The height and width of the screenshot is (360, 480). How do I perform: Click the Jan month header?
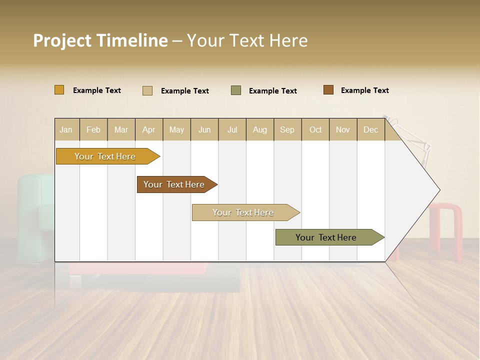point(66,129)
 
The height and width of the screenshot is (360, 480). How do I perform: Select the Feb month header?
point(93,129)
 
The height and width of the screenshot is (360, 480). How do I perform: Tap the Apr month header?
point(149,129)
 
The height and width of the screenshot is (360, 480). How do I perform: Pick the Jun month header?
point(204,129)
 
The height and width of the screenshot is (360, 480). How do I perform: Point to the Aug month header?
point(260,129)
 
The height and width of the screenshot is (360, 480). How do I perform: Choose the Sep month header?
point(287,129)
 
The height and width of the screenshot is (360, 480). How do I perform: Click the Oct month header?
point(315,129)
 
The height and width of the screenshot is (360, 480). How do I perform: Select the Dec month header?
point(371,129)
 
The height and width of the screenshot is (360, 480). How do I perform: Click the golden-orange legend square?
point(59,90)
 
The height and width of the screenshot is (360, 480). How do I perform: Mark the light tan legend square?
point(147,90)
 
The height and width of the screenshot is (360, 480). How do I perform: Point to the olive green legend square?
point(236,90)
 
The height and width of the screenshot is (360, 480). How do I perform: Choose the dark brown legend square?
point(328,90)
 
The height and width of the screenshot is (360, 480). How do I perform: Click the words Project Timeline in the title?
point(100,40)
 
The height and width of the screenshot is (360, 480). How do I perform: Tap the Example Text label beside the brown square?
point(364,90)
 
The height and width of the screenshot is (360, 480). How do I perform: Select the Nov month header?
point(343,129)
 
